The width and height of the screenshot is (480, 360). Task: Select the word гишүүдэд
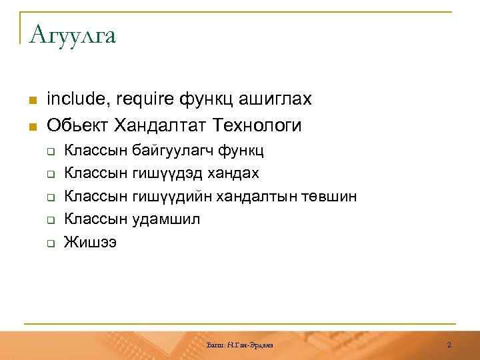[x=167, y=173]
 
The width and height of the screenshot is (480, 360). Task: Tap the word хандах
[x=232, y=173]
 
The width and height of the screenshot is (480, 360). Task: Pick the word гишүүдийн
[x=171, y=197]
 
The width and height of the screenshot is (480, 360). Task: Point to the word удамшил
[x=167, y=219]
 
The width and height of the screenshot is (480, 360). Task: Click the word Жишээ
[x=90, y=242]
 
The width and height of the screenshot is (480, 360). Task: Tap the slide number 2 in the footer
[x=449, y=345]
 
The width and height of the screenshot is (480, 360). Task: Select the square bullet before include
[x=31, y=101]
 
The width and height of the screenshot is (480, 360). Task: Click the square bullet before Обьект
[x=31, y=126]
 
